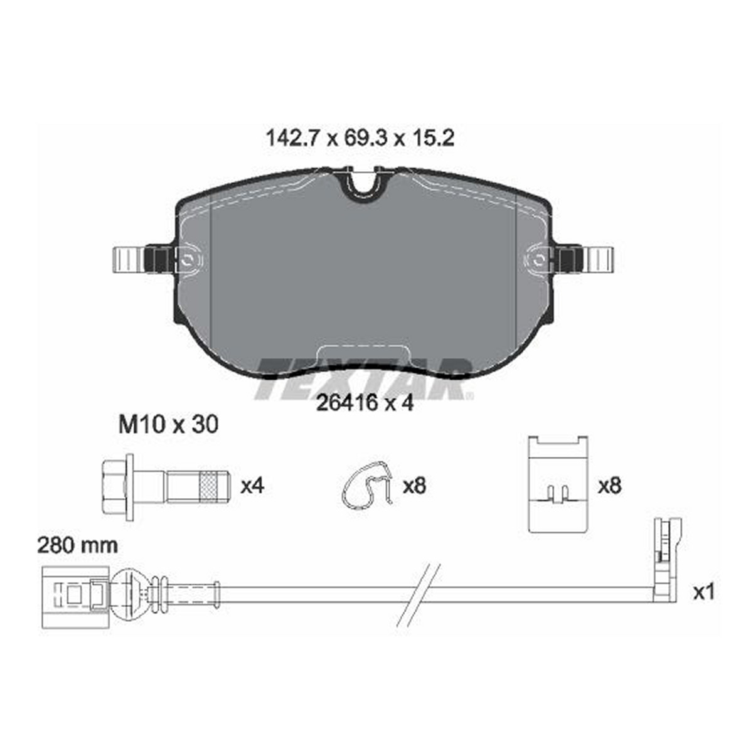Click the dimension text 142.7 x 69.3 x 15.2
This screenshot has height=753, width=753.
pos(360,138)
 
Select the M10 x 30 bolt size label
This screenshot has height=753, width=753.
pos(168,424)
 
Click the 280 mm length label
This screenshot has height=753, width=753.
pos(77,545)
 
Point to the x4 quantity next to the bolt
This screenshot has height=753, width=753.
pos(252,486)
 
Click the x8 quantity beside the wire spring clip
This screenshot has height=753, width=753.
pos(414,486)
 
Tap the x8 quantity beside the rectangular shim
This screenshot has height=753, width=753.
pos(609,486)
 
